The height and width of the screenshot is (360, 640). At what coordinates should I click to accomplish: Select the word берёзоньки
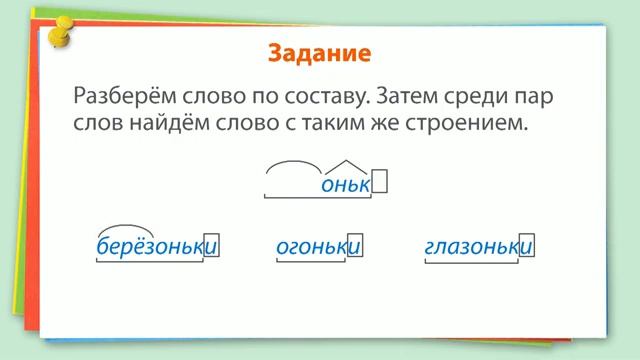156,246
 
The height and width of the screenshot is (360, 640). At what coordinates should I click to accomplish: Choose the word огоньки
317,246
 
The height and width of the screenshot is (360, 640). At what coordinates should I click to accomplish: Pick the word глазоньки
477,246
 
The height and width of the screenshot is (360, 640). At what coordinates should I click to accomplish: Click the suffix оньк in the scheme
346,184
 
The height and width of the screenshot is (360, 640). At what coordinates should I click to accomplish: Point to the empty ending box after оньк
379,183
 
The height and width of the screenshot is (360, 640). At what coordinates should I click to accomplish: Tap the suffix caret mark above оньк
346,164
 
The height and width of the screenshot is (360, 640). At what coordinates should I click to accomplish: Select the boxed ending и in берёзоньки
210,246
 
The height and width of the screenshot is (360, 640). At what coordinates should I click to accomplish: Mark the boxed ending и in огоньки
354,246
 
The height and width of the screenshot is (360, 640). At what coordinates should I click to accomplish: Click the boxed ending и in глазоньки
526,246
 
